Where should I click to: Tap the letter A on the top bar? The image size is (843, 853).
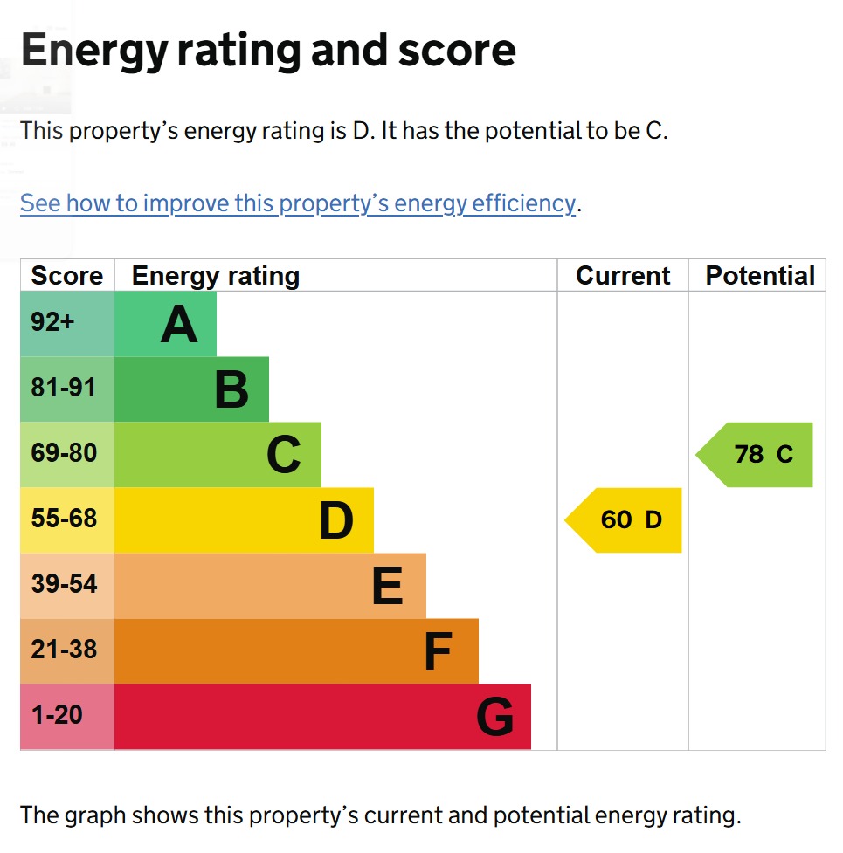179,325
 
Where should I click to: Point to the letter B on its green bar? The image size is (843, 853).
231,390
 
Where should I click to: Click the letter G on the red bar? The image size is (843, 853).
494,718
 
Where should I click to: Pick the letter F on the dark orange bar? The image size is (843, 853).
438,652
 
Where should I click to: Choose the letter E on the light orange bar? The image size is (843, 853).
387,587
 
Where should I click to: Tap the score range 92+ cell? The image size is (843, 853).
53,322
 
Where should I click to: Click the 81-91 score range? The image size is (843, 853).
64,388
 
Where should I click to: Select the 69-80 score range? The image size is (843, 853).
64,453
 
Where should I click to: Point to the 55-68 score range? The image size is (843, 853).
64,519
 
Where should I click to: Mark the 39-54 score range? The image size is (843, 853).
64,584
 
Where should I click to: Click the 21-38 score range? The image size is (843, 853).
64,650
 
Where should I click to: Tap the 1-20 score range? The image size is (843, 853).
57,715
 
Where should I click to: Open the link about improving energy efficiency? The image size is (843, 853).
298,203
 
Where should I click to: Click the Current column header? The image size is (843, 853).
623,276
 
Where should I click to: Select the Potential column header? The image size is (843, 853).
760,276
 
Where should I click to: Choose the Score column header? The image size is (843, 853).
66,276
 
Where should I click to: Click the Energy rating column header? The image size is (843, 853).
216,276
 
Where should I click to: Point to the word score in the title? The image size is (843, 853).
457,51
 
